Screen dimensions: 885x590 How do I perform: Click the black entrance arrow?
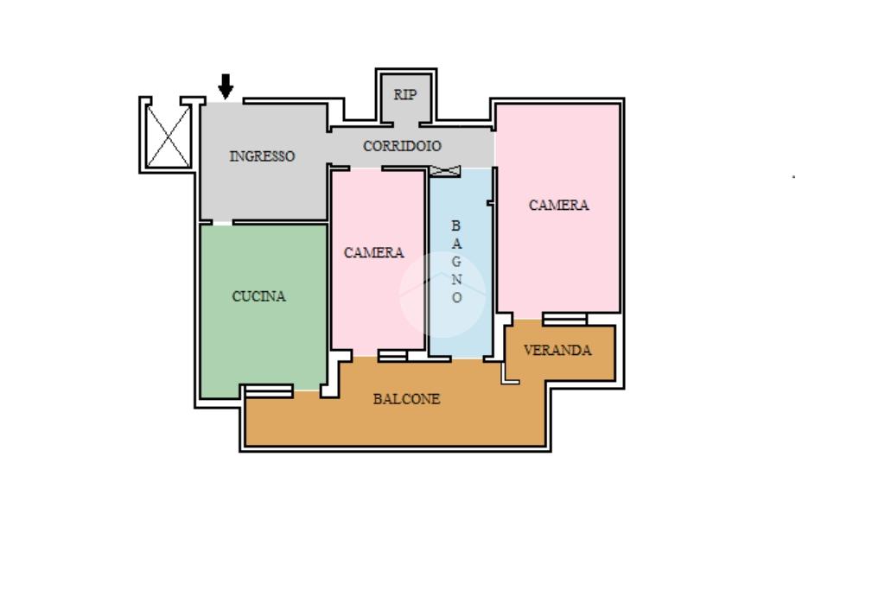coord(226,86)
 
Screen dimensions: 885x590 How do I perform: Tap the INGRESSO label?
coord(262,156)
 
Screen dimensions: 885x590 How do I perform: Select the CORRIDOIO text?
coord(402,146)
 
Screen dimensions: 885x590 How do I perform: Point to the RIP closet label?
coord(405,95)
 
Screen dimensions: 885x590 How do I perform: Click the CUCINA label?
coord(259,296)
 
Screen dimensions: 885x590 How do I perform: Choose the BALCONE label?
coord(406,399)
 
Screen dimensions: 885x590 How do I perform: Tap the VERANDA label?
coord(557,350)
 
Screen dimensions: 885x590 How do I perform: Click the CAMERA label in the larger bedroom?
coord(559,205)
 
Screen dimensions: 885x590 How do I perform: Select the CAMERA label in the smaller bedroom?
coord(373,253)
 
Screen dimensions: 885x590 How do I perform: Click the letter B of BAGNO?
coord(456,225)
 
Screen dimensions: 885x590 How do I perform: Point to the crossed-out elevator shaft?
coord(169,136)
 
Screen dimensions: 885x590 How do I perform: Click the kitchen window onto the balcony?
coord(270,390)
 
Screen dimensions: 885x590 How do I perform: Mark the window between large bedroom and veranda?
coord(565,320)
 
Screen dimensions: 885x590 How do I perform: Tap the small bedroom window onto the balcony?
coord(392,356)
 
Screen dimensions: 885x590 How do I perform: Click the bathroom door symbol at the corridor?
coord(445,170)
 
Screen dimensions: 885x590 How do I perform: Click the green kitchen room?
coord(263,309)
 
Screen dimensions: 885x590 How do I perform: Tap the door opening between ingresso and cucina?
coord(222,223)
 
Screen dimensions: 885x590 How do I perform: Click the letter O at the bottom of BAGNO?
coord(456,297)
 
